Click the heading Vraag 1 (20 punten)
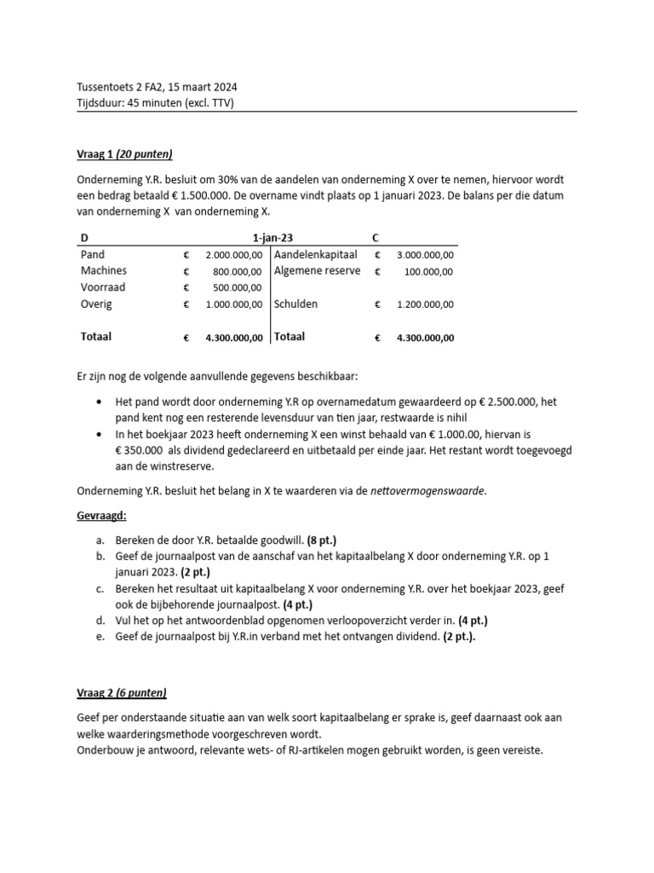(124, 153)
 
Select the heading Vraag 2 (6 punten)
(122, 692)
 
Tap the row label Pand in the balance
(93, 255)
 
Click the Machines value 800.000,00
(234, 271)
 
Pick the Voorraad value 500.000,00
(234, 287)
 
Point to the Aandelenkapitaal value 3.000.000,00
(425, 255)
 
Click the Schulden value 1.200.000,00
(425, 304)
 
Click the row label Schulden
(296, 304)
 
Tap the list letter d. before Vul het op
(100, 621)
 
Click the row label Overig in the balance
(96, 304)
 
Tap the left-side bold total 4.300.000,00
(234, 338)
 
